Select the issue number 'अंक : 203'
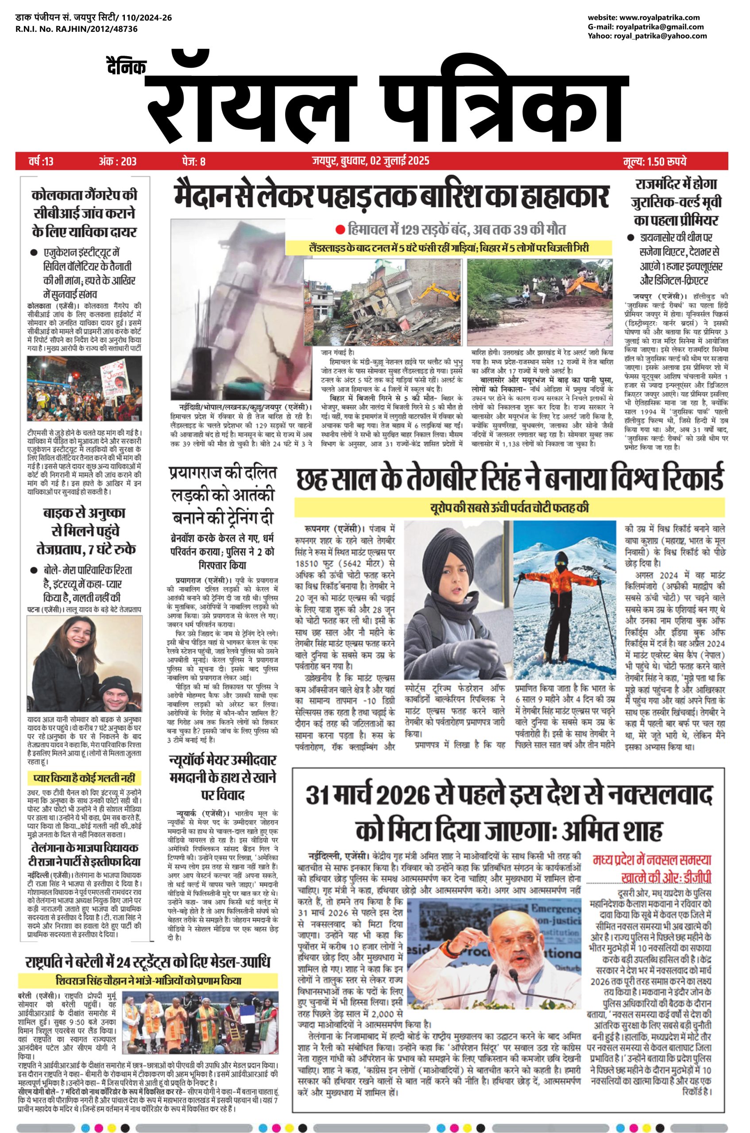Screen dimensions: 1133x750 pos(117,162)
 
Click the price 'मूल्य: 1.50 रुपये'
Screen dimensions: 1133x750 pos(654,162)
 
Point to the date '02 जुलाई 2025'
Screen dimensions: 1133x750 pos(399,161)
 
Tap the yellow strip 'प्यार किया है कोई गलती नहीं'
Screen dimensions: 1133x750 pos(84,778)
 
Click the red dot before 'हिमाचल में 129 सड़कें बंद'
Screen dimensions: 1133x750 pos(340,231)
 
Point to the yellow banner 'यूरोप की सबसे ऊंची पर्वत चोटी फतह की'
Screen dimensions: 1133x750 pos(509,508)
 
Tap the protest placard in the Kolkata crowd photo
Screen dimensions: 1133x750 pos(112,377)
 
